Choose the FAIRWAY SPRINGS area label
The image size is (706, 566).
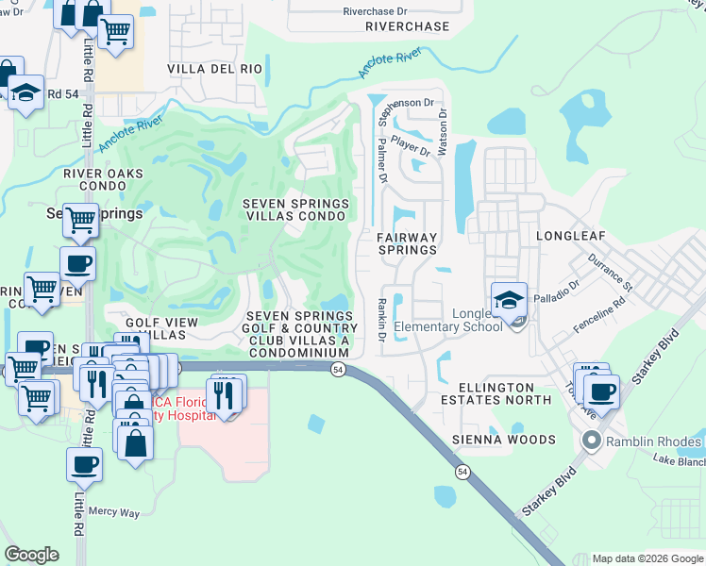click(408, 243)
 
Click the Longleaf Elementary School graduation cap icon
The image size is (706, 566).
click(509, 301)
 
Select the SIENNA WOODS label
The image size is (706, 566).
click(505, 440)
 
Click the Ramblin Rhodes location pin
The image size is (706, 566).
click(592, 440)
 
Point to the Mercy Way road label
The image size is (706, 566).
click(114, 511)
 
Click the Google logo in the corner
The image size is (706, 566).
click(31, 555)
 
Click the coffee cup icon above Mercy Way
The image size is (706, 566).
click(85, 464)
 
